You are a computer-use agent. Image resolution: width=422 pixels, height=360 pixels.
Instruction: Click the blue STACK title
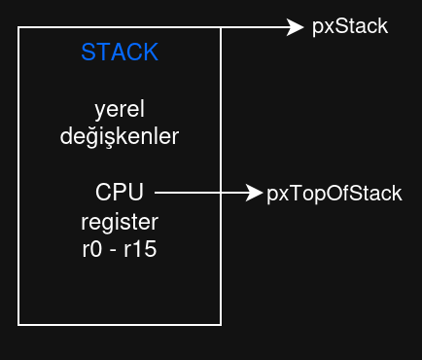click(x=120, y=53)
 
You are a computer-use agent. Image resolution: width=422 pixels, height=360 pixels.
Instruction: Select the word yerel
click(x=120, y=108)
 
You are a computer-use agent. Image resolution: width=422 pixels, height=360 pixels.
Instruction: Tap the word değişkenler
click(x=120, y=136)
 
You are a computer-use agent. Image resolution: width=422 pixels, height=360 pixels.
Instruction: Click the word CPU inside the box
click(x=120, y=193)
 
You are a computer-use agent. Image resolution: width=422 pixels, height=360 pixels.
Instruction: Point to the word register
click(x=120, y=221)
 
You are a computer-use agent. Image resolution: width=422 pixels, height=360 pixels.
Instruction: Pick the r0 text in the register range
click(x=92, y=249)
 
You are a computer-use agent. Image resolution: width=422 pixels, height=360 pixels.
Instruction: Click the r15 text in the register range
click(x=141, y=249)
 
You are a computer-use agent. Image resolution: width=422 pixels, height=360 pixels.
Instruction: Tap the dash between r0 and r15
click(x=114, y=250)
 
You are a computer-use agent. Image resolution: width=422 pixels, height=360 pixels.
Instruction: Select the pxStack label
click(x=350, y=27)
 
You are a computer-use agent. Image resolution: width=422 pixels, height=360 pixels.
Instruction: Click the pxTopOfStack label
click(x=334, y=194)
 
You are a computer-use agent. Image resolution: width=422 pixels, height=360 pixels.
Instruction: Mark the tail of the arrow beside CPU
click(x=158, y=194)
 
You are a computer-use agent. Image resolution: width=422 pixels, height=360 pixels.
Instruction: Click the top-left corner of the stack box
click(x=19, y=28)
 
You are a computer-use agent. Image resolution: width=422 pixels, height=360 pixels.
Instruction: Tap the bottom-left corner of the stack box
click(x=19, y=324)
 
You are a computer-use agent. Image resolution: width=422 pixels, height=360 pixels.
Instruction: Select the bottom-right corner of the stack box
click(x=221, y=324)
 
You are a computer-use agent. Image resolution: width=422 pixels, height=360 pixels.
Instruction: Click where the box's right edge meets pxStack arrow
click(x=221, y=28)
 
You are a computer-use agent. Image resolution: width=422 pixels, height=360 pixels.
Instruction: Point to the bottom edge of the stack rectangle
click(x=120, y=324)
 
